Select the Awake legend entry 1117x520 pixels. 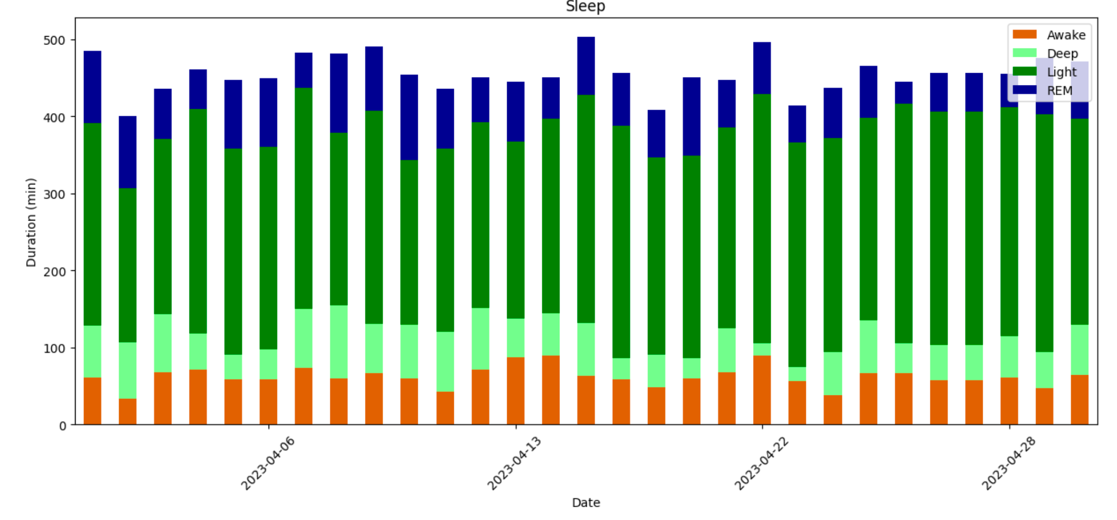click(1066, 35)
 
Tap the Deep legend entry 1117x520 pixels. click(1062, 53)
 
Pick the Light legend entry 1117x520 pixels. click(1061, 72)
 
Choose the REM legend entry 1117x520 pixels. click(1059, 91)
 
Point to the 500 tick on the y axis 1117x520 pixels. click(54, 40)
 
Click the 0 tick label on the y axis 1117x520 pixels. click(62, 426)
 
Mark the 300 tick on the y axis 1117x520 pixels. click(54, 194)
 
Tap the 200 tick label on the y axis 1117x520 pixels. click(54, 271)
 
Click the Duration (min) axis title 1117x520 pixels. click(31, 222)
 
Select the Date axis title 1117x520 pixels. click(586, 503)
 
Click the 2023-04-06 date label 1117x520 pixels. click(268, 463)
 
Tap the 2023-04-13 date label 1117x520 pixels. click(514, 463)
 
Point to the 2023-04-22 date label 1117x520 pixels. click(761, 463)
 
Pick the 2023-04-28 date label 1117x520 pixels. click(1008, 463)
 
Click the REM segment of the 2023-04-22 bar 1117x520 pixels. click(762, 68)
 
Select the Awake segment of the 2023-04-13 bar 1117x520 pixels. click(516, 391)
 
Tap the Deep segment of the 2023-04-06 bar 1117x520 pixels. click(269, 364)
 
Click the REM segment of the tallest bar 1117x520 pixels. click(586, 66)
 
